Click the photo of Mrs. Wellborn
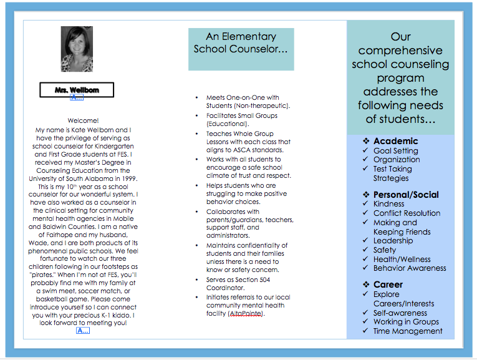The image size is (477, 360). [77, 49]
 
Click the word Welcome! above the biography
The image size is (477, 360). [83, 120]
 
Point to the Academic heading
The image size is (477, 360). [395, 141]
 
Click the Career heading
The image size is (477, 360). [388, 285]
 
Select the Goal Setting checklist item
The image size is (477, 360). [395, 150]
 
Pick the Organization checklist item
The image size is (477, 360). [397, 159]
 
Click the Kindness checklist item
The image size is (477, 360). [388, 204]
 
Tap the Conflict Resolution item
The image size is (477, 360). [407, 213]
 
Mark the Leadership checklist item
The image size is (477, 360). [393, 241]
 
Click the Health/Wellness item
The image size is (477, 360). [402, 259]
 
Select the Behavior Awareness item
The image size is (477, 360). [410, 268]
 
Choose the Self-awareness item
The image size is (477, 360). [400, 313]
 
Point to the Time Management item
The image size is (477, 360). [408, 331]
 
